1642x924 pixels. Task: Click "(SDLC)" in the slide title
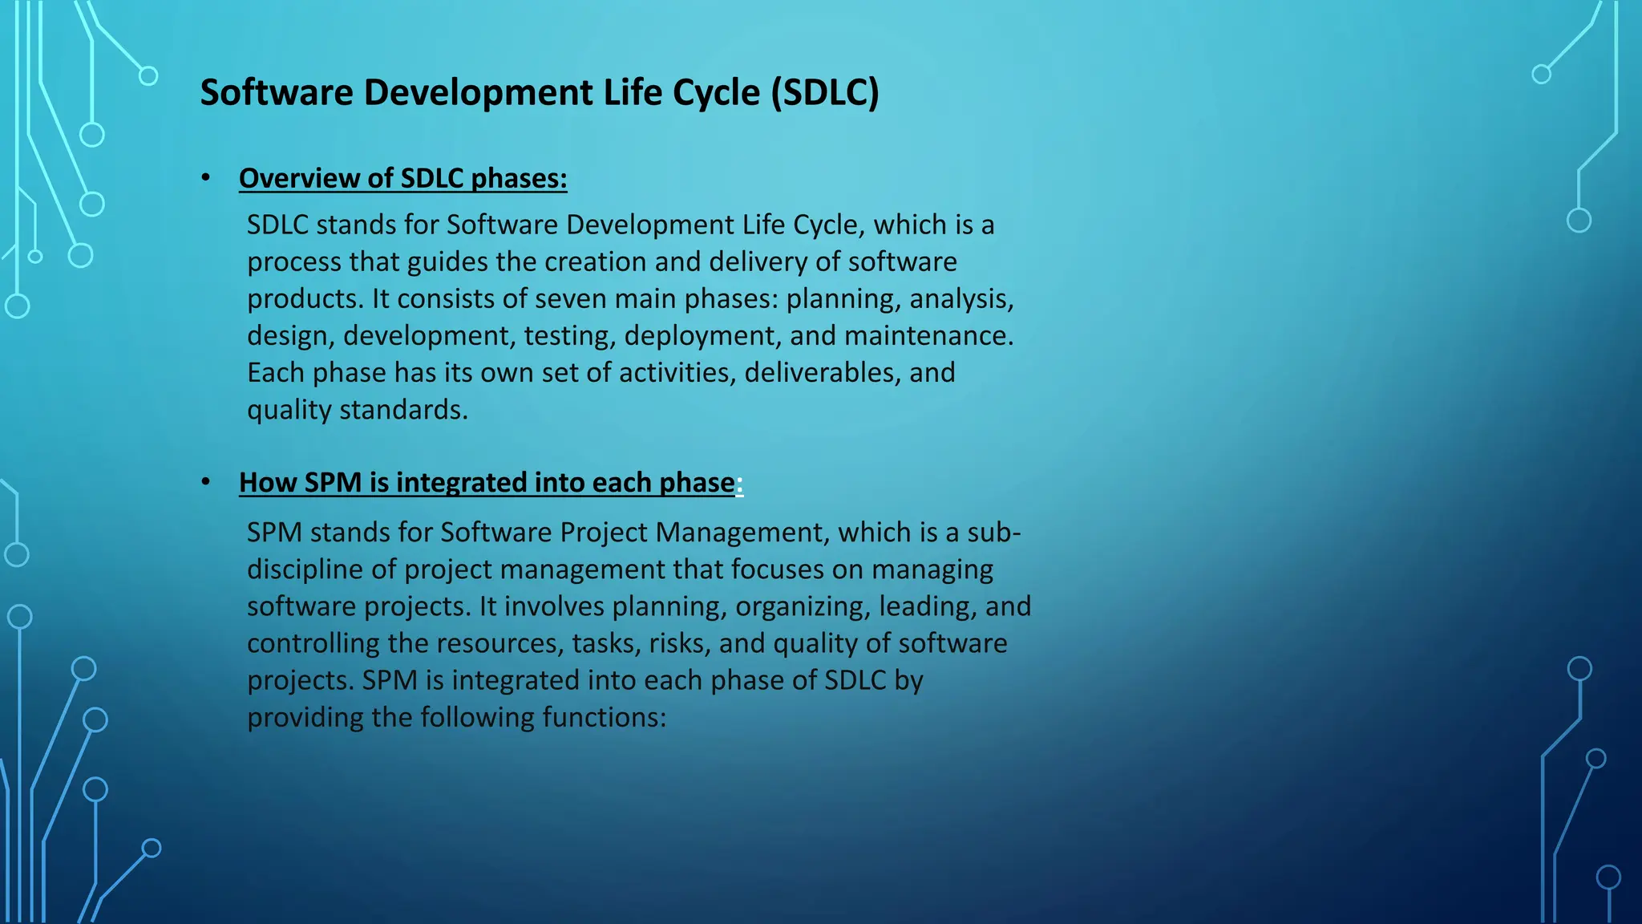825,93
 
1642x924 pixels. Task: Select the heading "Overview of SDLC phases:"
402,178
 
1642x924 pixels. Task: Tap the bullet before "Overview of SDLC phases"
206,177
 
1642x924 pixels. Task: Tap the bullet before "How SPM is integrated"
206,481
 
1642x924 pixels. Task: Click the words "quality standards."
357,410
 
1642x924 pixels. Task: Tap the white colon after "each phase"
739,483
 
